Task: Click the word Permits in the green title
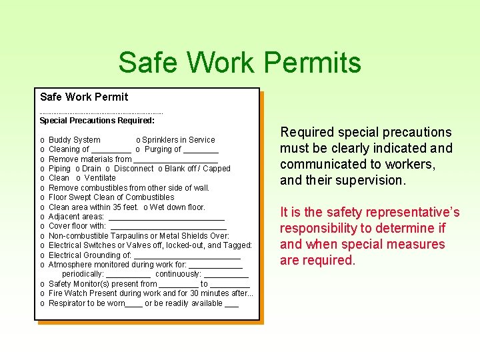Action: pos(313,63)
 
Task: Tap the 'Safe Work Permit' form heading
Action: pos(84,97)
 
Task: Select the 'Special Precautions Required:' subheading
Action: pos(97,121)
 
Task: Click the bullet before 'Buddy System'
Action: pos(43,140)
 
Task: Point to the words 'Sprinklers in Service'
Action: pos(178,140)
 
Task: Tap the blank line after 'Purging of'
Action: pos(200,151)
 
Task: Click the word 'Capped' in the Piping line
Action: pos(217,169)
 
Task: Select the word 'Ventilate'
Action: pos(100,178)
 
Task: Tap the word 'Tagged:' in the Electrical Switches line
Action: pos(238,245)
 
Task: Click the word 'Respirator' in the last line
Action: pos(67,303)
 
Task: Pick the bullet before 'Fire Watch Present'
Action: pos(43,293)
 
